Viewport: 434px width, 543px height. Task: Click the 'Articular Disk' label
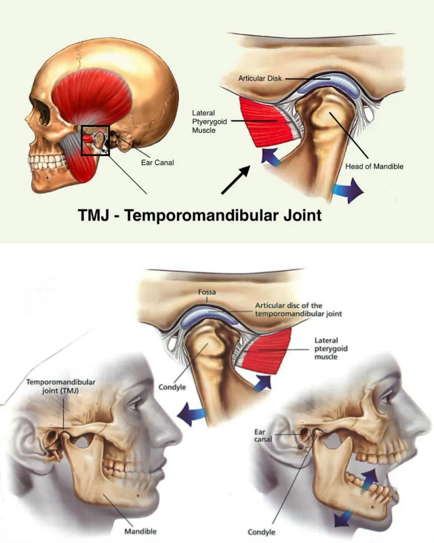(x=260, y=79)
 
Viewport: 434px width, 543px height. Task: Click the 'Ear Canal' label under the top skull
(x=157, y=163)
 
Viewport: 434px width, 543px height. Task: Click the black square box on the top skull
(x=95, y=140)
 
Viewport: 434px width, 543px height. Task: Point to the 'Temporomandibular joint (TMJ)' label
(x=60, y=386)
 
